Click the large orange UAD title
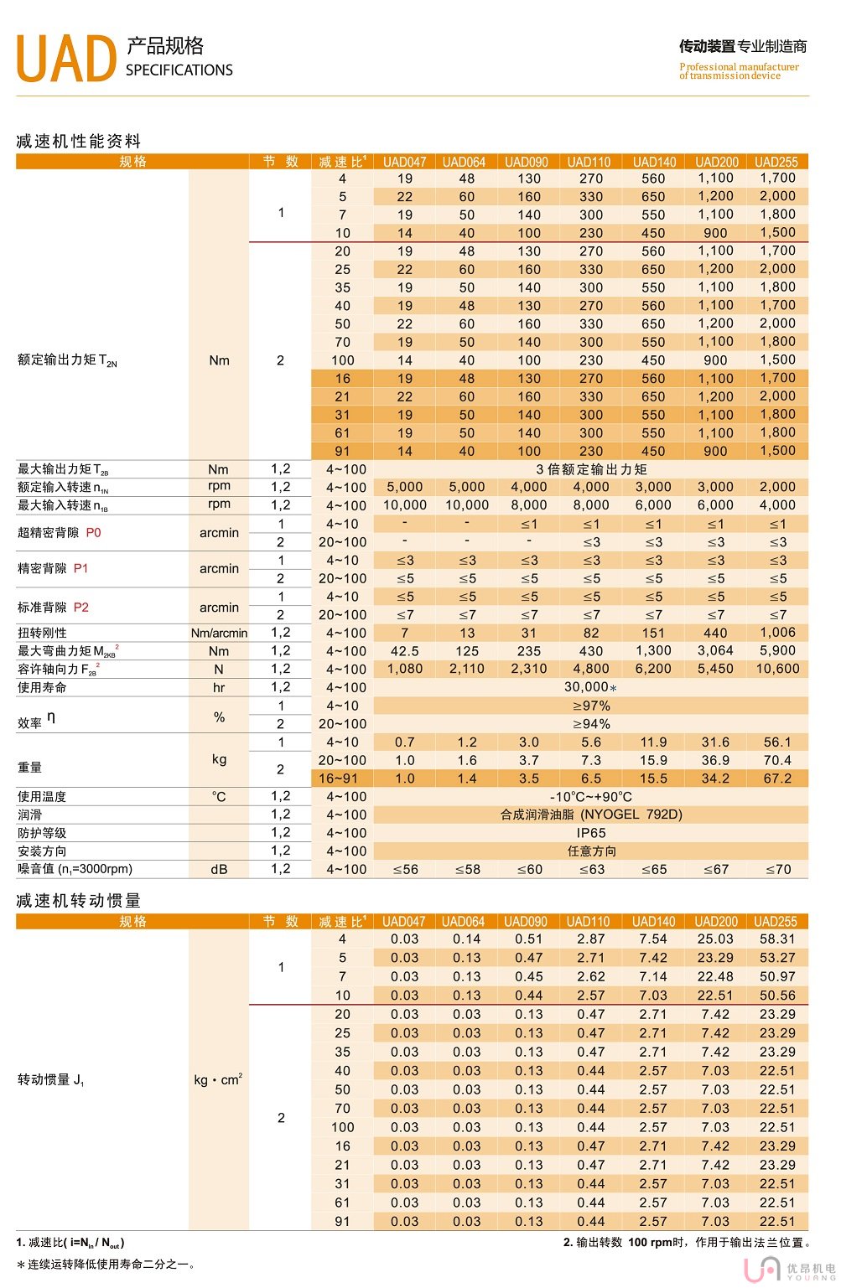(x=65, y=59)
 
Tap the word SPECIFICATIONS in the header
(x=179, y=70)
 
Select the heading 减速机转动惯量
(x=79, y=901)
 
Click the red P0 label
(x=93, y=532)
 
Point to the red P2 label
(x=81, y=607)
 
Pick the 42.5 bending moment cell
(x=405, y=651)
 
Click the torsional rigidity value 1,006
(x=777, y=633)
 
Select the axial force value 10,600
(x=777, y=669)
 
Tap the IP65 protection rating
(x=591, y=833)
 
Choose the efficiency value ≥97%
(x=591, y=706)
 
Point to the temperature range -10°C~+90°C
(x=591, y=797)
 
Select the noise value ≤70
(x=778, y=870)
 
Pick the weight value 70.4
(x=777, y=760)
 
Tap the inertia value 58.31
(x=777, y=939)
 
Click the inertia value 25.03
(x=715, y=939)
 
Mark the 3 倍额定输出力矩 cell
(x=591, y=469)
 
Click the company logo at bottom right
(x=788, y=1270)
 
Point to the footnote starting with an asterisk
(x=106, y=1264)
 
